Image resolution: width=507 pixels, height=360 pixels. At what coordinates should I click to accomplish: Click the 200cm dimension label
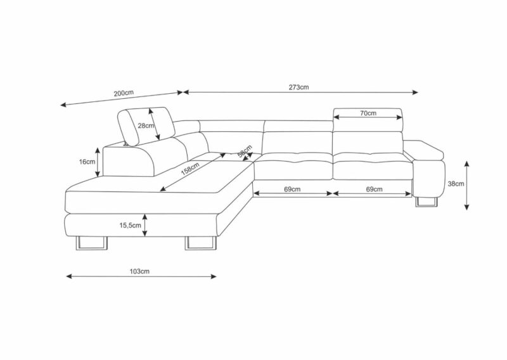click(123, 93)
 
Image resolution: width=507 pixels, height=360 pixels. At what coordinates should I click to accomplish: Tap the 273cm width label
click(298, 87)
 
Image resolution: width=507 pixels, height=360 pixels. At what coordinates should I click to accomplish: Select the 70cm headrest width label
click(368, 113)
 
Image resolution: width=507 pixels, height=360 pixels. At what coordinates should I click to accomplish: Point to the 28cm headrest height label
click(146, 126)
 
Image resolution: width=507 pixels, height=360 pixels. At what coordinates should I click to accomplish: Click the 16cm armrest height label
click(87, 162)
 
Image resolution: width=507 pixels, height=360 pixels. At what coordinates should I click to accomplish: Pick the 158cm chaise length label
click(190, 169)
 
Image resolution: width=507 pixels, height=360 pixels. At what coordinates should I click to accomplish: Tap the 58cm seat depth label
click(245, 151)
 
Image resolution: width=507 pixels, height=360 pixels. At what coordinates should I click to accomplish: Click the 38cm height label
click(456, 184)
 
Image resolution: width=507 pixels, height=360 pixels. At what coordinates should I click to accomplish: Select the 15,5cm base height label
click(130, 225)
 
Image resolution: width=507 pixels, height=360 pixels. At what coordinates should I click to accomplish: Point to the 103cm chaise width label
click(139, 271)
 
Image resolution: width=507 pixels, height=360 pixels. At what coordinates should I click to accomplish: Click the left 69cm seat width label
click(292, 189)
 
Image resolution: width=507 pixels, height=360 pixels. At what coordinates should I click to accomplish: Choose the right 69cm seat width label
click(374, 189)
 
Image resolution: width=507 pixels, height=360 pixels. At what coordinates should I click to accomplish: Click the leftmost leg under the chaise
click(91, 243)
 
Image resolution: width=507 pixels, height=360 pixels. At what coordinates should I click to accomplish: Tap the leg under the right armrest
click(427, 201)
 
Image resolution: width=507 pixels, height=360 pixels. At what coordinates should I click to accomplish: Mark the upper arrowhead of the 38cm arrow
click(466, 163)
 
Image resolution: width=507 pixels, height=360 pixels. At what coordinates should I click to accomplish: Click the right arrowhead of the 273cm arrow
click(416, 92)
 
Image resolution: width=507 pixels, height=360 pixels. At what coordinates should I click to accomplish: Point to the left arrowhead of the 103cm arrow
click(69, 276)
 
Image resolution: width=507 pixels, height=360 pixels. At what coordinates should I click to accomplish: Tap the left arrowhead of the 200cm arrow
click(63, 105)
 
